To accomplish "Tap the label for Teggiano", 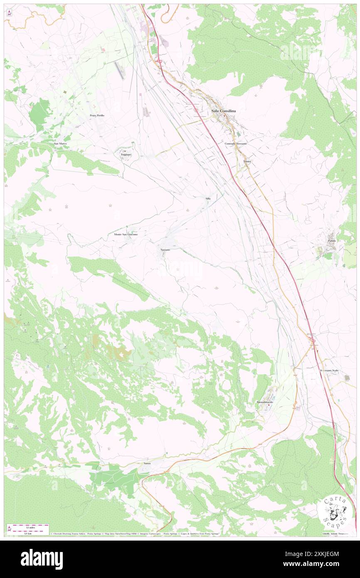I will tap(126, 155).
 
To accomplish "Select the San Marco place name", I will tap(60, 143).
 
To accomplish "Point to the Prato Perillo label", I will tap(97, 115).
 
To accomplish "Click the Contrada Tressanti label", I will tap(236, 143).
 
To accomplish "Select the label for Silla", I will tap(208, 199).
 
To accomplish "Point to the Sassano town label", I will tap(165, 249).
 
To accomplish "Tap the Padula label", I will tap(331, 241).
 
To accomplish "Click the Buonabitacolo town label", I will tap(266, 403).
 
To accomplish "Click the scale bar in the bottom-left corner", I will tap(28, 528).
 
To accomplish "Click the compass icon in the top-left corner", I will tap(9, 12).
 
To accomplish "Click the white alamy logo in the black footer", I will tap(42, 559).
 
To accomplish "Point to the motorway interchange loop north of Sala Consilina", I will tap(159, 62).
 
